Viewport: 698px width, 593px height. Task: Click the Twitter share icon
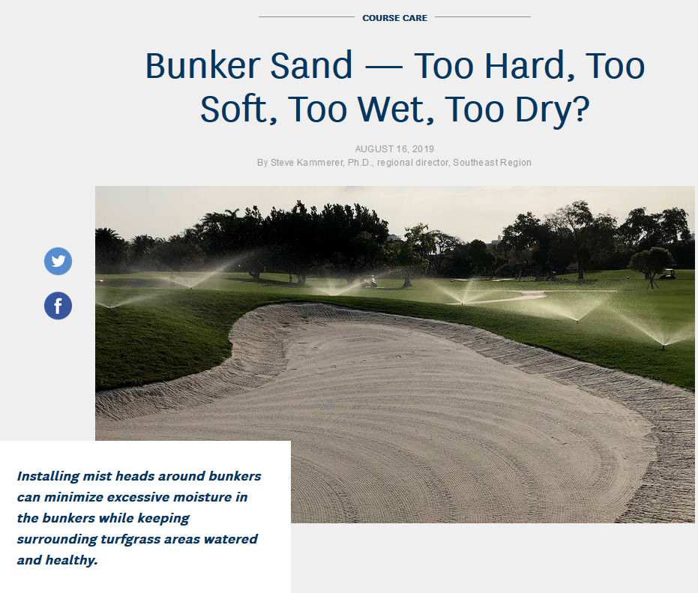pyautogui.click(x=58, y=261)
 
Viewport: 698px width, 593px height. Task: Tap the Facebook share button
pyautogui.click(x=58, y=305)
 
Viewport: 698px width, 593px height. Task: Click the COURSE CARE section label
pyautogui.click(x=395, y=18)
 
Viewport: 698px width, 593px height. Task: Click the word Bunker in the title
pyautogui.click(x=202, y=66)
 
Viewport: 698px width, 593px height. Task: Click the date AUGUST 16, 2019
pyautogui.click(x=394, y=149)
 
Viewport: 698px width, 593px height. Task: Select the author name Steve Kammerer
pyautogui.click(x=307, y=163)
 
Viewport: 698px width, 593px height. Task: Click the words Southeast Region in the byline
pyautogui.click(x=492, y=163)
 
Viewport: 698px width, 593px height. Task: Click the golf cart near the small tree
pyautogui.click(x=667, y=274)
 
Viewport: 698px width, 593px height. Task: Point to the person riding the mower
pyautogui.click(x=372, y=281)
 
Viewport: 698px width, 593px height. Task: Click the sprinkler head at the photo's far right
pyautogui.click(x=663, y=344)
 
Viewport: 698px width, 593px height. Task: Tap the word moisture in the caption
pyautogui.click(x=202, y=497)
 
